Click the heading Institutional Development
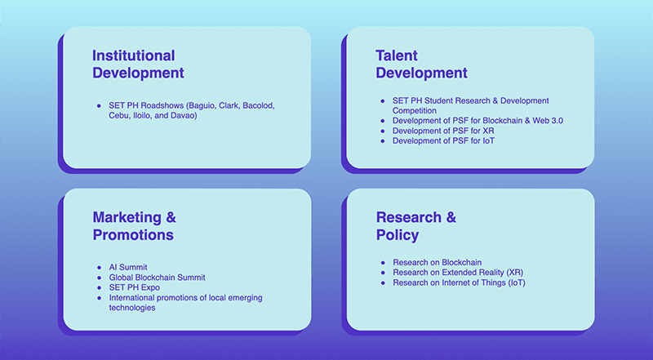point(138,64)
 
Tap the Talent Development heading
point(421,64)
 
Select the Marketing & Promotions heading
point(134,226)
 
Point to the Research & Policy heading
point(416,226)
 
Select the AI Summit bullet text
point(128,267)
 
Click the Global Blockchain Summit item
point(157,278)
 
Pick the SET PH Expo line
point(134,287)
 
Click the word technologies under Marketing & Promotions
point(132,308)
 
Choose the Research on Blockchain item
point(438,263)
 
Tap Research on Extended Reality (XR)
point(458,273)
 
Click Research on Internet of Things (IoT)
point(459,282)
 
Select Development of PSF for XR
point(443,131)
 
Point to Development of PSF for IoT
point(443,141)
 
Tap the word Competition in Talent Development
point(415,111)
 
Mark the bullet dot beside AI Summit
point(99,268)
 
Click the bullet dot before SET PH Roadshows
point(99,106)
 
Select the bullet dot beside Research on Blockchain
point(383,263)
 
